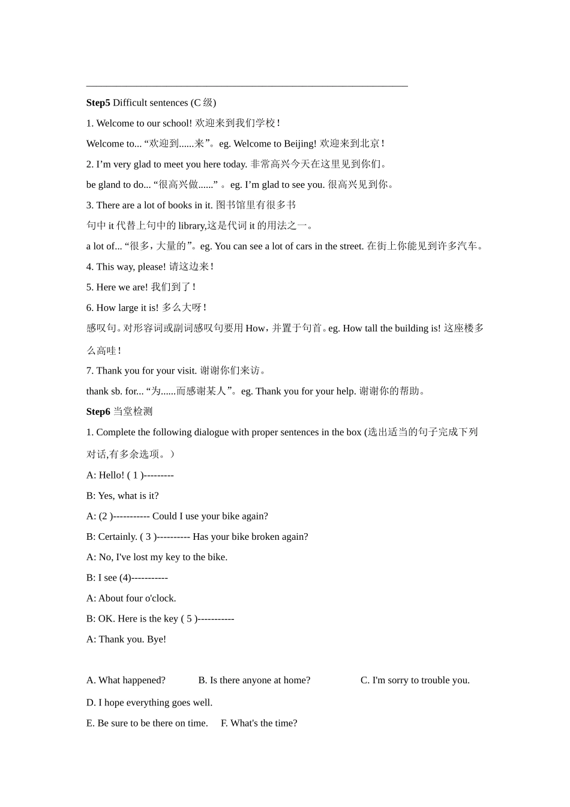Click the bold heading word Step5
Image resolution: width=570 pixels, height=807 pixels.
98,103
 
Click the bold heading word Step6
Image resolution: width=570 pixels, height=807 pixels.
98,411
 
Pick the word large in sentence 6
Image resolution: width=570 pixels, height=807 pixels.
128,307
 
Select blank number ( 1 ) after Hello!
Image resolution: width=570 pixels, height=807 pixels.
136,475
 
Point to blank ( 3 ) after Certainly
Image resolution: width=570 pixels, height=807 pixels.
148,536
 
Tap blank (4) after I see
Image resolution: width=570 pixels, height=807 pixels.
125,578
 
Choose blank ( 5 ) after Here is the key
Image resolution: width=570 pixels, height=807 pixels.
190,618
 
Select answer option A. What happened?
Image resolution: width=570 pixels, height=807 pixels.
126,680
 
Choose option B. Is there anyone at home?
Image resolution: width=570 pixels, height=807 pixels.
254,680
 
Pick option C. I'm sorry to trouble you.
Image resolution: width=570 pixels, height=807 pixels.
415,680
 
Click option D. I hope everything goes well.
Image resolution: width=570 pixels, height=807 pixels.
149,703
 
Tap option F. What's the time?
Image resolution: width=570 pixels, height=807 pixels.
259,723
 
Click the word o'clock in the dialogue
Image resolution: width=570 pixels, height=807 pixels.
159,598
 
